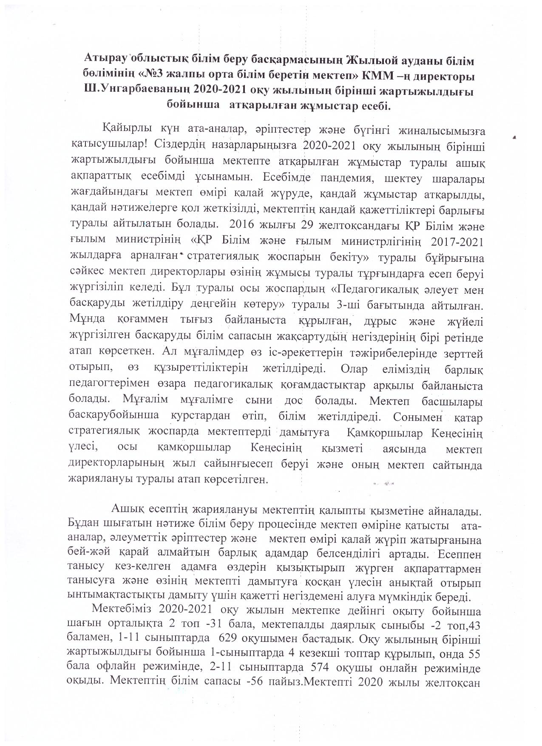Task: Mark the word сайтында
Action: (x=457, y=465)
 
